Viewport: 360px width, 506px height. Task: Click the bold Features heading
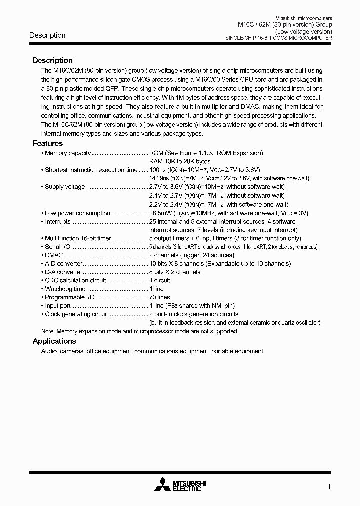[48, 144]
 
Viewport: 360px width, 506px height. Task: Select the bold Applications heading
[54, 341]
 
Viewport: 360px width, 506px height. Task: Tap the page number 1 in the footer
[329, 487]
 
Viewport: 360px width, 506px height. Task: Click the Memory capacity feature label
[68, 153]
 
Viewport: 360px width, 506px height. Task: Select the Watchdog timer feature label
[66, 289]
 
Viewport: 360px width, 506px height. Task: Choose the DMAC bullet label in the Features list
[54, 255]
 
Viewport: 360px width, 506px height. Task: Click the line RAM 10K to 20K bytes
[180, 162]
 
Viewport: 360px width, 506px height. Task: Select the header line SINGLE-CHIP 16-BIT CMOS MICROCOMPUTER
[279, 38]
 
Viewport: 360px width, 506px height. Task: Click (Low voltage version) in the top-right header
[304, 31]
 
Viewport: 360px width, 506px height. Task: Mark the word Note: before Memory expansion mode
[48, 331]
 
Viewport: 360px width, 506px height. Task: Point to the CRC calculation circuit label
[75, 280]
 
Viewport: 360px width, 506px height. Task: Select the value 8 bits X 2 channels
[175, 272]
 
